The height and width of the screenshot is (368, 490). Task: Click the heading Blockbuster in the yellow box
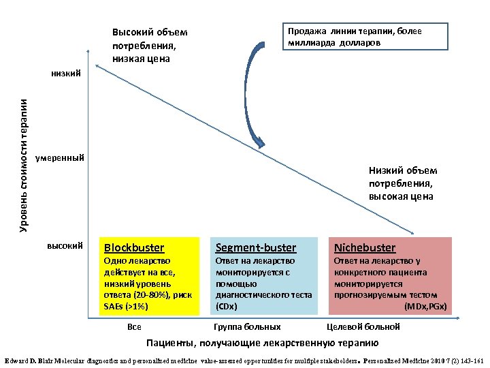point(133,247)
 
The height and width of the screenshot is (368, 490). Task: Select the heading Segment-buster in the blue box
point(256,247)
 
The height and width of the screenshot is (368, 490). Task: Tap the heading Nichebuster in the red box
point(364,247)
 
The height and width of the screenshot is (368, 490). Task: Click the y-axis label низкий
point(66,72)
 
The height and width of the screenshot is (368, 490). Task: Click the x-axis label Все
point(134,327)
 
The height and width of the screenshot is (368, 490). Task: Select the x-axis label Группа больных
point(247,327)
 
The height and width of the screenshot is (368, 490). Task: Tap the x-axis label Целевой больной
point(363,327)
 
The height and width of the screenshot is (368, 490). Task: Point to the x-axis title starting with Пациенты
point(263,343)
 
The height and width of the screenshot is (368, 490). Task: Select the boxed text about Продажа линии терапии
point(365,36)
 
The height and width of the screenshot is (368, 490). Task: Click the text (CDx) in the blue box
point(226,306)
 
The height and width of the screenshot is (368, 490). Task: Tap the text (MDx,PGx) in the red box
point(426,306)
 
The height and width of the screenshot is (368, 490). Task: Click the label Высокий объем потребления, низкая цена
point(150,46)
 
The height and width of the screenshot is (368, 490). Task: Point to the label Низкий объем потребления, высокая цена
point(403,183)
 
